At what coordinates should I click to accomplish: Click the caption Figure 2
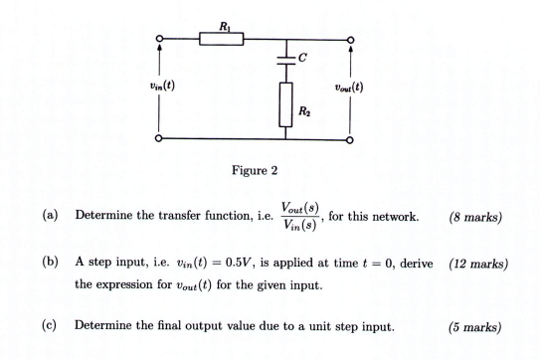(255, 170)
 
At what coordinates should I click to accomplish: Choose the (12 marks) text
(478, 266)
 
